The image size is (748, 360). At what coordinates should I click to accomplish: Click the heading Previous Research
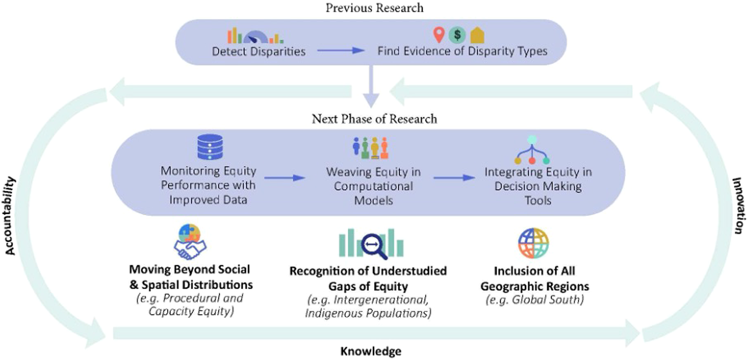click(x=374, y=8)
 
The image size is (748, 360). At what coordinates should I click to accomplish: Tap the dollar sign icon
click(x=457, y=35)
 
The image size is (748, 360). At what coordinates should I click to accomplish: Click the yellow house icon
click(x=477, y=35)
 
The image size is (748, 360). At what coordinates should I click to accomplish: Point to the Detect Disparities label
click(x=259, y=52)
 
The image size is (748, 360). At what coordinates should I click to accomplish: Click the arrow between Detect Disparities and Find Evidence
click(x=341, y=50)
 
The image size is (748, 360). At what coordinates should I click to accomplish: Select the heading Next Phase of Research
click(x=374, y=119)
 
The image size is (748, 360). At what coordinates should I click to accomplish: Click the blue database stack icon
click(x=210, y=147)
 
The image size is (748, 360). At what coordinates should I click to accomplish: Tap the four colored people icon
click(x=371, y=148)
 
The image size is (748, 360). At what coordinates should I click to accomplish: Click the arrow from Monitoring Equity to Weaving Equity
click(x=285, y=177)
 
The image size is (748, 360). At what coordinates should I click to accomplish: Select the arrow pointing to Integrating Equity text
click(x=454, y=177)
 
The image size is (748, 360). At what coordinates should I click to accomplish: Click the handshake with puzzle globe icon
click(x=190, y=242)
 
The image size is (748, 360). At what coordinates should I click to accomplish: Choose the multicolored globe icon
click(x=533, y=243)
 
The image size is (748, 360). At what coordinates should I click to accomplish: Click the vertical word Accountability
click(x=10, y=216)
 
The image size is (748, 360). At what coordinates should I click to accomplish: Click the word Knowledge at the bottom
click(x=371, y=351)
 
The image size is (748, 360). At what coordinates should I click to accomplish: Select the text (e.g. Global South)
click(x=534, y=300)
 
